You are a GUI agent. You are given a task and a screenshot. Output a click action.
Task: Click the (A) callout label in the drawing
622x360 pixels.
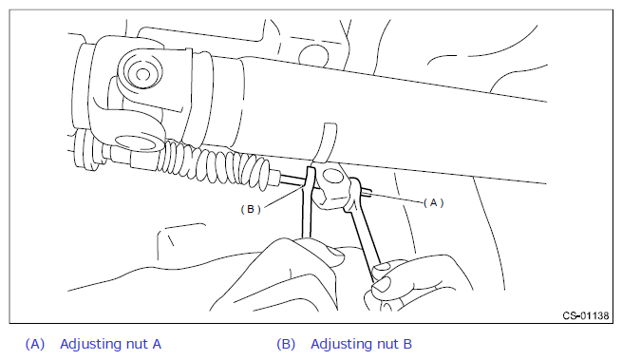point(434,203)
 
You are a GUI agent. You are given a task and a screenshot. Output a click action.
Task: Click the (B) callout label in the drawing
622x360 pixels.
point(251,209)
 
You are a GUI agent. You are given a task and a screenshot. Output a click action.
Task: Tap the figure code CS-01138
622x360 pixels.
point(586,315)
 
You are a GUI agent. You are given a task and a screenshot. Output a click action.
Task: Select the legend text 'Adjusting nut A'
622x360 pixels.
point(111,344)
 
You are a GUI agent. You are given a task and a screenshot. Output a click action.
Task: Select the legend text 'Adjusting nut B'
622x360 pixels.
point(362,344)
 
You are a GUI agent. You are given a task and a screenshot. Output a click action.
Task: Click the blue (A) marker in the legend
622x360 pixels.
point(35,344)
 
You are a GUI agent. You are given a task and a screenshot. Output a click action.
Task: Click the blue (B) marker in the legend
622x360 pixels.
point(286,344)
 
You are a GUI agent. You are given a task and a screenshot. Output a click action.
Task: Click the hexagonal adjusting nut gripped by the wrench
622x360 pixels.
point(331,186)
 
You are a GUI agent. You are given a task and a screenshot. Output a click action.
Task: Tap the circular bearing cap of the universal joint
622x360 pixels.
point(141,73)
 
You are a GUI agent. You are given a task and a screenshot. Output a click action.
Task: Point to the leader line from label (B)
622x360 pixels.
point(285,198)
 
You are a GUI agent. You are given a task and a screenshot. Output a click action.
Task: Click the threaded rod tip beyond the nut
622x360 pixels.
point(368,193)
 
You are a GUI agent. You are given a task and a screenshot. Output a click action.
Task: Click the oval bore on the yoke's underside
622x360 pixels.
point(136,142)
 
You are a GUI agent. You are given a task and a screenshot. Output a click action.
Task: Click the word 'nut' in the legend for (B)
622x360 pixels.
point(378,344)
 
